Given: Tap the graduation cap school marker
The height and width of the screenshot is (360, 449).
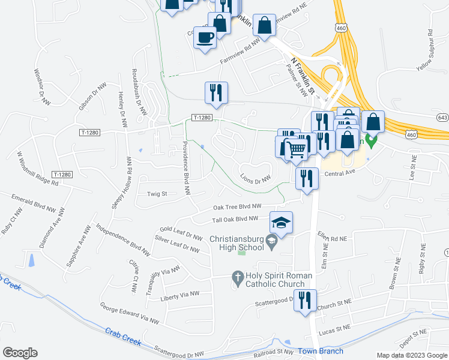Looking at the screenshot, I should coord(281,223).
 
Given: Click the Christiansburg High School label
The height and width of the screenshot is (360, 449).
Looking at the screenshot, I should coord(237,243).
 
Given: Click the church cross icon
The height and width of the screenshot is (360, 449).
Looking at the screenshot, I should coord(237,277).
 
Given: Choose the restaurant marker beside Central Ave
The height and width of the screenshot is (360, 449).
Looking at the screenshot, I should coord(307,178).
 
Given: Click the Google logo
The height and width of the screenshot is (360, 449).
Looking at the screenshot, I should coord(20,353).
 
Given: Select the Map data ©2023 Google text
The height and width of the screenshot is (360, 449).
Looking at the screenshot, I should coord(412,355).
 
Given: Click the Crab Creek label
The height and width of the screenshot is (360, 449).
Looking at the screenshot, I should coord(123,336).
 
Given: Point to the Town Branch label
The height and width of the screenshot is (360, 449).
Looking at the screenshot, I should coord(322,351).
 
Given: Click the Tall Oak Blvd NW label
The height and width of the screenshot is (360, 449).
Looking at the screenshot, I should coord(238,218).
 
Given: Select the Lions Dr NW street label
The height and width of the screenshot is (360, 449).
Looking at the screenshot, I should coord(256,177).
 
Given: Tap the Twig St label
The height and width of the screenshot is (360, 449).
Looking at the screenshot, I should coord(157,194).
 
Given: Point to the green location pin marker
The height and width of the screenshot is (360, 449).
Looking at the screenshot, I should coord(371,142).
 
